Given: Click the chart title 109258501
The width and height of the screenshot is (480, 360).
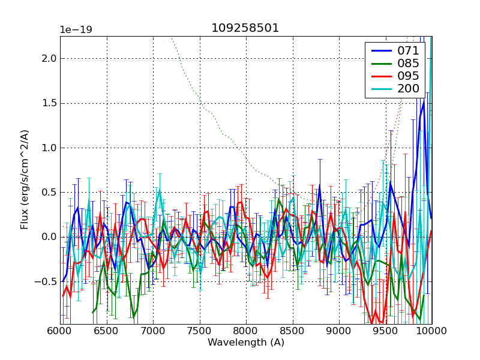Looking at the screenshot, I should click(x=245, y=28).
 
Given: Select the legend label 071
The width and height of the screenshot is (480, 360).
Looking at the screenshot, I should click(x=407, y=51).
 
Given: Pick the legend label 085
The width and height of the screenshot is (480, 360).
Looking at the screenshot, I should click(x=407, y=64).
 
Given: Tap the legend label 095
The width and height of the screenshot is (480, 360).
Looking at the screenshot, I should click(x=407, y=76).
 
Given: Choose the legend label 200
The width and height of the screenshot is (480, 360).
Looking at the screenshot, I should click(x=407, y=89).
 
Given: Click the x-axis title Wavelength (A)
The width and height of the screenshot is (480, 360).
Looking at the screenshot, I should click(x=246, y=343).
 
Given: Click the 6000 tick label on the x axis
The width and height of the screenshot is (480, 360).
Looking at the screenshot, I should click(x=60, y=331).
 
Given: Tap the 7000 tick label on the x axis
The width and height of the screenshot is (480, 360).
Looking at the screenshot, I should click(x=153, y=331).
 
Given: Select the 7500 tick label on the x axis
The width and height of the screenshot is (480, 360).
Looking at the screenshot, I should click(x=199, y=331).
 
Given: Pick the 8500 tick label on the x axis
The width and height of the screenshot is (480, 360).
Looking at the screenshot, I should click(x=292, y=331).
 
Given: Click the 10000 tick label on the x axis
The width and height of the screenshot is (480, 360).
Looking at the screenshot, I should click(x=431, y=331).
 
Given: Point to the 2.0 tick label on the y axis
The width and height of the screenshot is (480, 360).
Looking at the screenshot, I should click(x=49, y=59).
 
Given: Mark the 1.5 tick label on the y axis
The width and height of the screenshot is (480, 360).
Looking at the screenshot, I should click(x=49, y=103).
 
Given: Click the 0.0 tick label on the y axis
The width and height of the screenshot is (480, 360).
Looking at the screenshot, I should click(x=49, y=237).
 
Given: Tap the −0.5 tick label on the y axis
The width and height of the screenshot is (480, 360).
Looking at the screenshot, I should click(x=46, y=281).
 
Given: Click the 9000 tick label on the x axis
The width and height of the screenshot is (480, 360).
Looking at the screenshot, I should click(x=339, y=331).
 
